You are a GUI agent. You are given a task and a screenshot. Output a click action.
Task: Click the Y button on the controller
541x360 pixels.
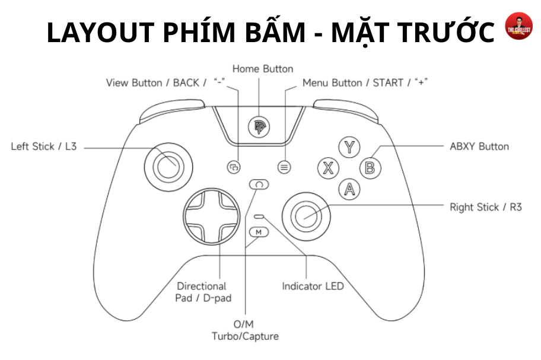point(351,147)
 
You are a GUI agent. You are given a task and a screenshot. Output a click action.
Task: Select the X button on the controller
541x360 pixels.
point(327,168)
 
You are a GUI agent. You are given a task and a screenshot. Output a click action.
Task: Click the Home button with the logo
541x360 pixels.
point(259,126)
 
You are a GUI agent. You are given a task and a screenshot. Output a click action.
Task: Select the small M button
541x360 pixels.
point(259,232)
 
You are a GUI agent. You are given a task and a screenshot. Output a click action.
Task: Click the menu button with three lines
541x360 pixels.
point(285,168)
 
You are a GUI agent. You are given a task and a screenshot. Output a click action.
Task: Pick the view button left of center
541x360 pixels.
point(234,168)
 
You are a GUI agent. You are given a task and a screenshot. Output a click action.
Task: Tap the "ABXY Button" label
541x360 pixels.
point(479,146)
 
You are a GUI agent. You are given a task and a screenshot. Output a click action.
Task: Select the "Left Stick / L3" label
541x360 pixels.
point(44,146)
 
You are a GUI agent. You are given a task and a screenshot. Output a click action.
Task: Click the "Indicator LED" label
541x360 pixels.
point(313,286)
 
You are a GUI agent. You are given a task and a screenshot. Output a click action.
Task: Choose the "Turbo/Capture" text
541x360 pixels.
point(245,336)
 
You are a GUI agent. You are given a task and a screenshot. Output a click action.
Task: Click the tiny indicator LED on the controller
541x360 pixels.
point(259,217)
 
